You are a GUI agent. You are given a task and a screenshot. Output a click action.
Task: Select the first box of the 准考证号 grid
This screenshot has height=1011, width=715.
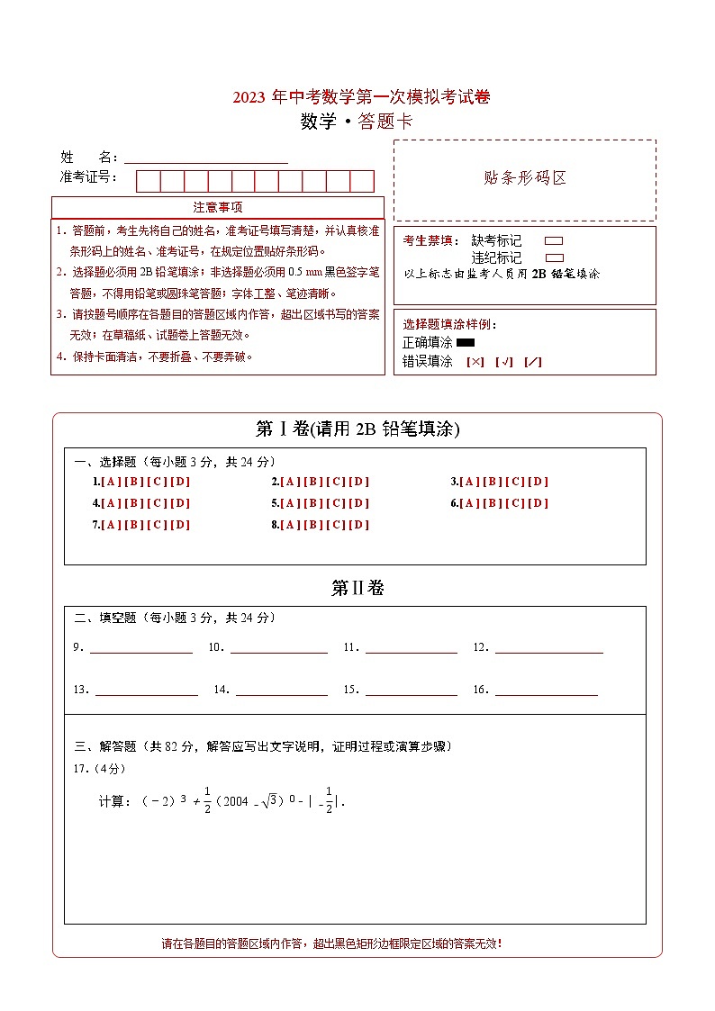(x=148, y=181)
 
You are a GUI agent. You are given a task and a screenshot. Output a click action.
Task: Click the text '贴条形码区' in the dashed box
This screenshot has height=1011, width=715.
(x=525, y=177)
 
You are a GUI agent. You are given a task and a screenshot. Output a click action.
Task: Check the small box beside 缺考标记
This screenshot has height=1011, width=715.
(x=554, y=241)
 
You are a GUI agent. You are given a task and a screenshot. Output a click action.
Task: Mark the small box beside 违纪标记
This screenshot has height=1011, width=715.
(x=554, y=257)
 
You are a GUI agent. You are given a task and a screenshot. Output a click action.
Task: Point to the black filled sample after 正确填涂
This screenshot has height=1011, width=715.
(x=466, y=342)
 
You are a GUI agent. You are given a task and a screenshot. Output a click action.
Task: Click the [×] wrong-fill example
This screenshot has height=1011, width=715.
(x=475, y=362)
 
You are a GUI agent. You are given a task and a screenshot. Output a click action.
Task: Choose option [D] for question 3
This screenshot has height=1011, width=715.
(x=539, y=482)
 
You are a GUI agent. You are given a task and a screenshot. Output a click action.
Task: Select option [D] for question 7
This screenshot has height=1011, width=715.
(x=180, y=525)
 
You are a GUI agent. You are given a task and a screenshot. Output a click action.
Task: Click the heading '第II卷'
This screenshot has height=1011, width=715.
(x=357, y=588)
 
